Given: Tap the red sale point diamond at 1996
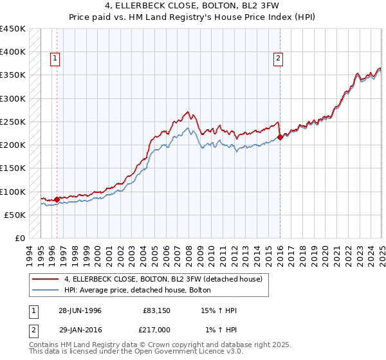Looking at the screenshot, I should click(57, 199).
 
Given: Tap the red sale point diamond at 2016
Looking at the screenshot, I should click(280, 136).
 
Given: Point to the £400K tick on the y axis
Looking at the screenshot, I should click(12, 52).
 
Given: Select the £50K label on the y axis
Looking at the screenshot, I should click(15, 215).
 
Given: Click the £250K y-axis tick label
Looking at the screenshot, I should click(12, 122).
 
